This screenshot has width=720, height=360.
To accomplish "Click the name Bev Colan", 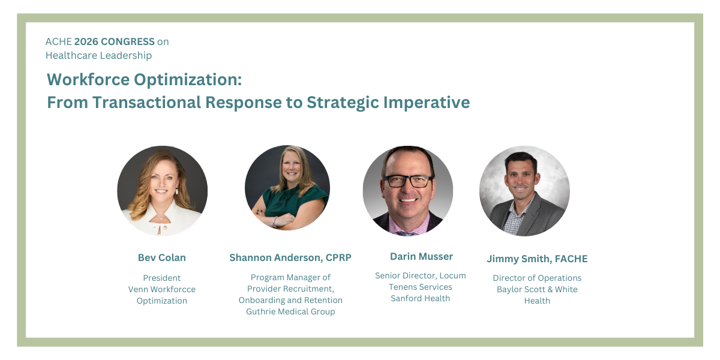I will point(162,257).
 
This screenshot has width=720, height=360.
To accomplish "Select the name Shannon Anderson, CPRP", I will point(290,257).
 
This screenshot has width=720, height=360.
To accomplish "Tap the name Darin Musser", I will point(421,256).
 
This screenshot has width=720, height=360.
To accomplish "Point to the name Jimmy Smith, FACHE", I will point(537,259).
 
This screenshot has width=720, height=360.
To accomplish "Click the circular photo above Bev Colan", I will point(162,191).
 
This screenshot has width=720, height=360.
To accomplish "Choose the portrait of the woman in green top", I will point(287,188).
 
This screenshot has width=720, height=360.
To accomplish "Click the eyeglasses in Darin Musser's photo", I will point(409,180).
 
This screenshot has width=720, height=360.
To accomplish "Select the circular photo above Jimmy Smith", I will point(524,191).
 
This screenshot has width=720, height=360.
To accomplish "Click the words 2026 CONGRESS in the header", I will point(114,41).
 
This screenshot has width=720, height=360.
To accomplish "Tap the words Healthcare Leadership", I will point(99,55).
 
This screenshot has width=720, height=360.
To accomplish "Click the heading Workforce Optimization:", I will point(144,80).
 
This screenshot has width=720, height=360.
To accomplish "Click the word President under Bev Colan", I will point(162,278).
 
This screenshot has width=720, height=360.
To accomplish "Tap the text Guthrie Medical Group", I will point(290,311).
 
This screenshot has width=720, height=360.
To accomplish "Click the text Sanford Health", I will point(420,298).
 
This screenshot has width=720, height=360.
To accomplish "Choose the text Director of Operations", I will point(537,278).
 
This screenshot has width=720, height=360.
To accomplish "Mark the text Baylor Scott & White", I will point(537,289).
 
